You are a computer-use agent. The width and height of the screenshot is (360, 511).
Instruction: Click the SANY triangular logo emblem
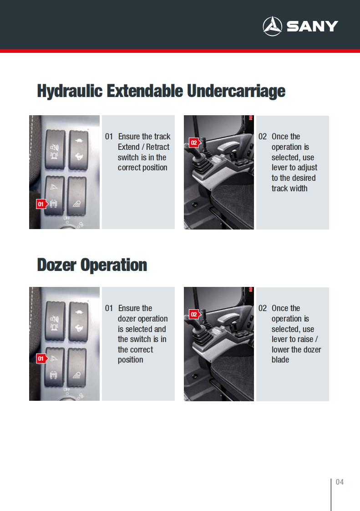[272, 26]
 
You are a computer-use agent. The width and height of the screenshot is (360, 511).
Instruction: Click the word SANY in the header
[312, 26]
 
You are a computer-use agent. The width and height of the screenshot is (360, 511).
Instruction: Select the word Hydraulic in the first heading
[70, 91]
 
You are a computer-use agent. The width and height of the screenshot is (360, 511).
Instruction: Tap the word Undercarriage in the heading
[236, 91]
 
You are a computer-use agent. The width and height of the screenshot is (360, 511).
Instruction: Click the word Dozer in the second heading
[57, 265]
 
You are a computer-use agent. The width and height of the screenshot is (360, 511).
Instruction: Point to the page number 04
[340, 482]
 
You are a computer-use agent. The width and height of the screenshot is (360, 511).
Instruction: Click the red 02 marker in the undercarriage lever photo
[194, 143]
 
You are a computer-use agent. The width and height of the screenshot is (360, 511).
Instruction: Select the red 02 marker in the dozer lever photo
[194, 314]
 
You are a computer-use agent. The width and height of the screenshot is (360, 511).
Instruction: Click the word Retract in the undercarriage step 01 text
[157, 147]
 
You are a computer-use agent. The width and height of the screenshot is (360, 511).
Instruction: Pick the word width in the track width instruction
[299, 189]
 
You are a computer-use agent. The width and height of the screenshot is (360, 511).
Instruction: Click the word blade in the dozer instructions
[280, 359]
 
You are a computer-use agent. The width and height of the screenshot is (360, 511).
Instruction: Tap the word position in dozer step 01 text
[130, 360]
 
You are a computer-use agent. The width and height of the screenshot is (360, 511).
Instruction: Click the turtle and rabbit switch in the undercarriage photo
[79, 149]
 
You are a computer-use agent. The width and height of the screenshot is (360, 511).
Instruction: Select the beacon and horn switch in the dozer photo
[55, 322]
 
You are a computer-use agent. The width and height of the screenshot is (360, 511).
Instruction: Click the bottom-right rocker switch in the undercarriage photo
[77, 196]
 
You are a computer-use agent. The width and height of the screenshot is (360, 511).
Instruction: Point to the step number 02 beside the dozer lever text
[263, 308]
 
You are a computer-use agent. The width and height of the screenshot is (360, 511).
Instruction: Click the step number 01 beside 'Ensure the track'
[109, 137]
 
